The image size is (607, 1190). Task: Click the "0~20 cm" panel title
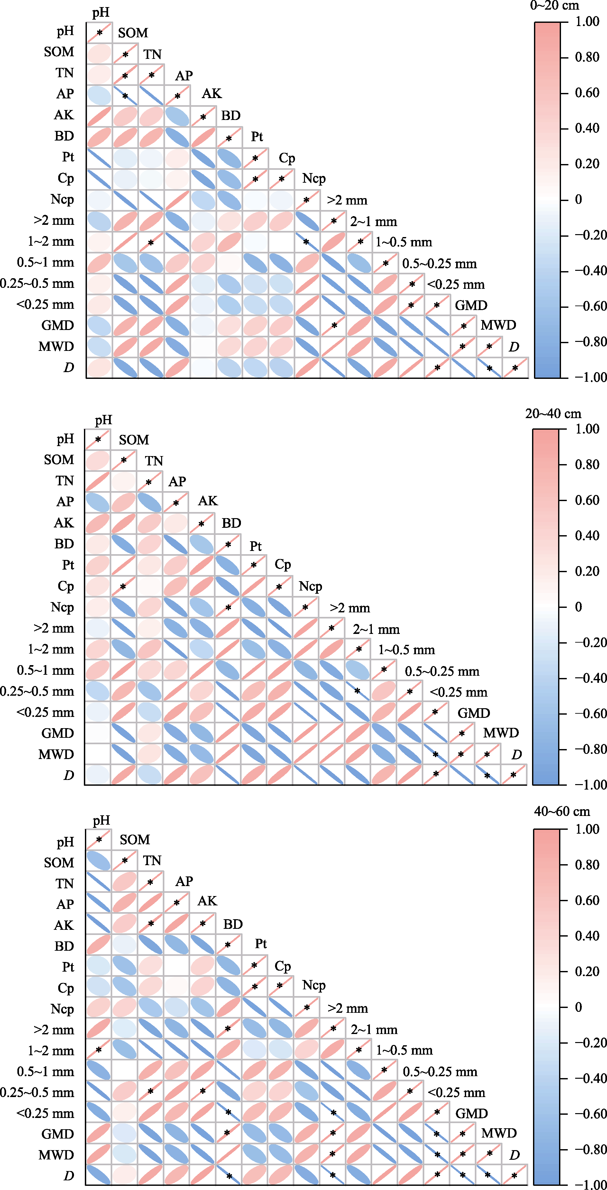[554, 5]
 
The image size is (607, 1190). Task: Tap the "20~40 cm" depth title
[553, 414]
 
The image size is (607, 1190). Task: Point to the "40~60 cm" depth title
[562, 811]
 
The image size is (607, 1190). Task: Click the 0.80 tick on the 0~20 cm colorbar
[587, 57]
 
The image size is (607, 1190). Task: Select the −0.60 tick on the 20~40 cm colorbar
[590, 714]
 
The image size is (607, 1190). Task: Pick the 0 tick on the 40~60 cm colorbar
[578, 1007]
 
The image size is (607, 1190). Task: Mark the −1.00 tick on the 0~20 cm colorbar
[590, 377]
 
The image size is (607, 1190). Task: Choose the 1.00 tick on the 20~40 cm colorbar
[587, 429]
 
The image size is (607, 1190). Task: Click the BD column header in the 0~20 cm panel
[231, 115]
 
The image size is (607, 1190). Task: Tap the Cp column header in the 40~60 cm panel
[283, 966]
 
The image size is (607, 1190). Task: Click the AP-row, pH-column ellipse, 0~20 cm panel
[99, 96]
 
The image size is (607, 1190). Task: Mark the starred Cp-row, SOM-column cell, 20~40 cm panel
[123, 587]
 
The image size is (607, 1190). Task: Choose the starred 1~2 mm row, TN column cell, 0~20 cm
[151, 242]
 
